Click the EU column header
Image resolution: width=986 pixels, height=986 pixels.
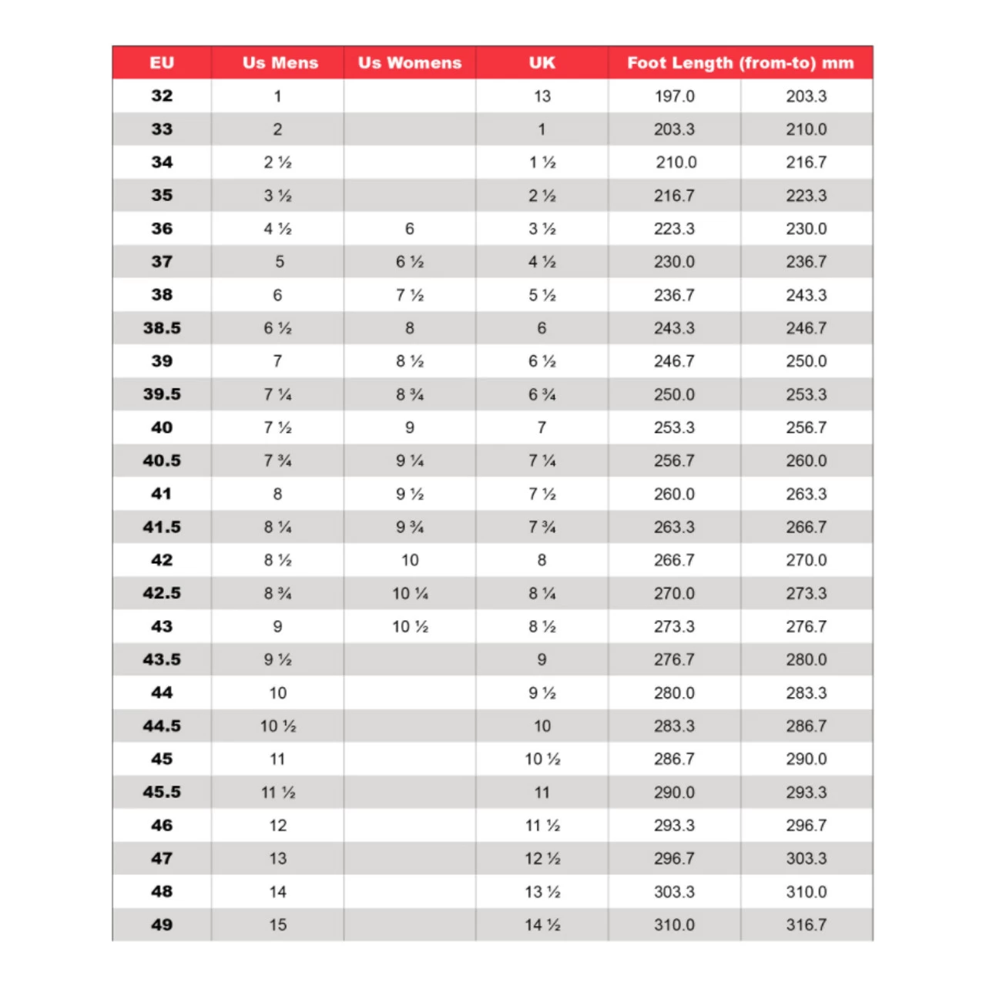pyautogui.click(x=162, y=62)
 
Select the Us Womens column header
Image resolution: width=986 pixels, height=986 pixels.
pyautogui.click(x=410, y=62)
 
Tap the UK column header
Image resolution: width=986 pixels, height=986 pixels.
pyautogui.click(x=542, y=62)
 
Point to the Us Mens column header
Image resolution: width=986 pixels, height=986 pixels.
pyautogui.click(x=280, y=62)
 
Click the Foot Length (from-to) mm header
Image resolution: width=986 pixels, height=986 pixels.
pyautogui.click(x=740, y=62)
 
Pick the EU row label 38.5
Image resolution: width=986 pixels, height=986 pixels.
pyautogui.click(x=162, y=328)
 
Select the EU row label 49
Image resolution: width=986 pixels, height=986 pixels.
pyautogui.click(x=162, y=924)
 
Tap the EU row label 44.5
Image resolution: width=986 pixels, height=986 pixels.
pyautogui.click(x=162, y=726)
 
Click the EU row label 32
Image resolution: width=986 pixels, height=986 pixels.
pyautogui.click(x=162, y=96)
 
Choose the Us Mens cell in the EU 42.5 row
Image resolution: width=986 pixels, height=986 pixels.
pyautogui.click(x=278, y=593)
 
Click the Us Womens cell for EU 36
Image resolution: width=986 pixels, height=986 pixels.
pyautogui.click(x=410, y=229)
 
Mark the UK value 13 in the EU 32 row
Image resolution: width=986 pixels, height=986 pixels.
pyautogui.click(x=542, y=96)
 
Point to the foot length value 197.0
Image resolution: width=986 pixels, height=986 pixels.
pyautogui.click(x=674, y=96)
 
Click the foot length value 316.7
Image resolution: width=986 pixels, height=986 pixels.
pyautogui.click(x=807, y=924)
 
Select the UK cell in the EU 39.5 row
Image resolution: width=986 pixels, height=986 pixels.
pyautogui.click(x=542, y=394)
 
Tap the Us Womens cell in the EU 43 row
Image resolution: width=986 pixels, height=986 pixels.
pyautogui.click(x=410, y=626)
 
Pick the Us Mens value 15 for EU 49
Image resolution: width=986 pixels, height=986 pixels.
pyautogui.click(x=278, y=924)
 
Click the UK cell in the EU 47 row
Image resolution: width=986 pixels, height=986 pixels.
pyautogui.click(x=542, y=858)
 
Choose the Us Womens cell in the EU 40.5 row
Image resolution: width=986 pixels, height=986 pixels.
pyautogui.click(x=410, y=461)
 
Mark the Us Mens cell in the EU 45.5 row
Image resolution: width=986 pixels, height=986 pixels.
pyautogui.click(x=278, y=792)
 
